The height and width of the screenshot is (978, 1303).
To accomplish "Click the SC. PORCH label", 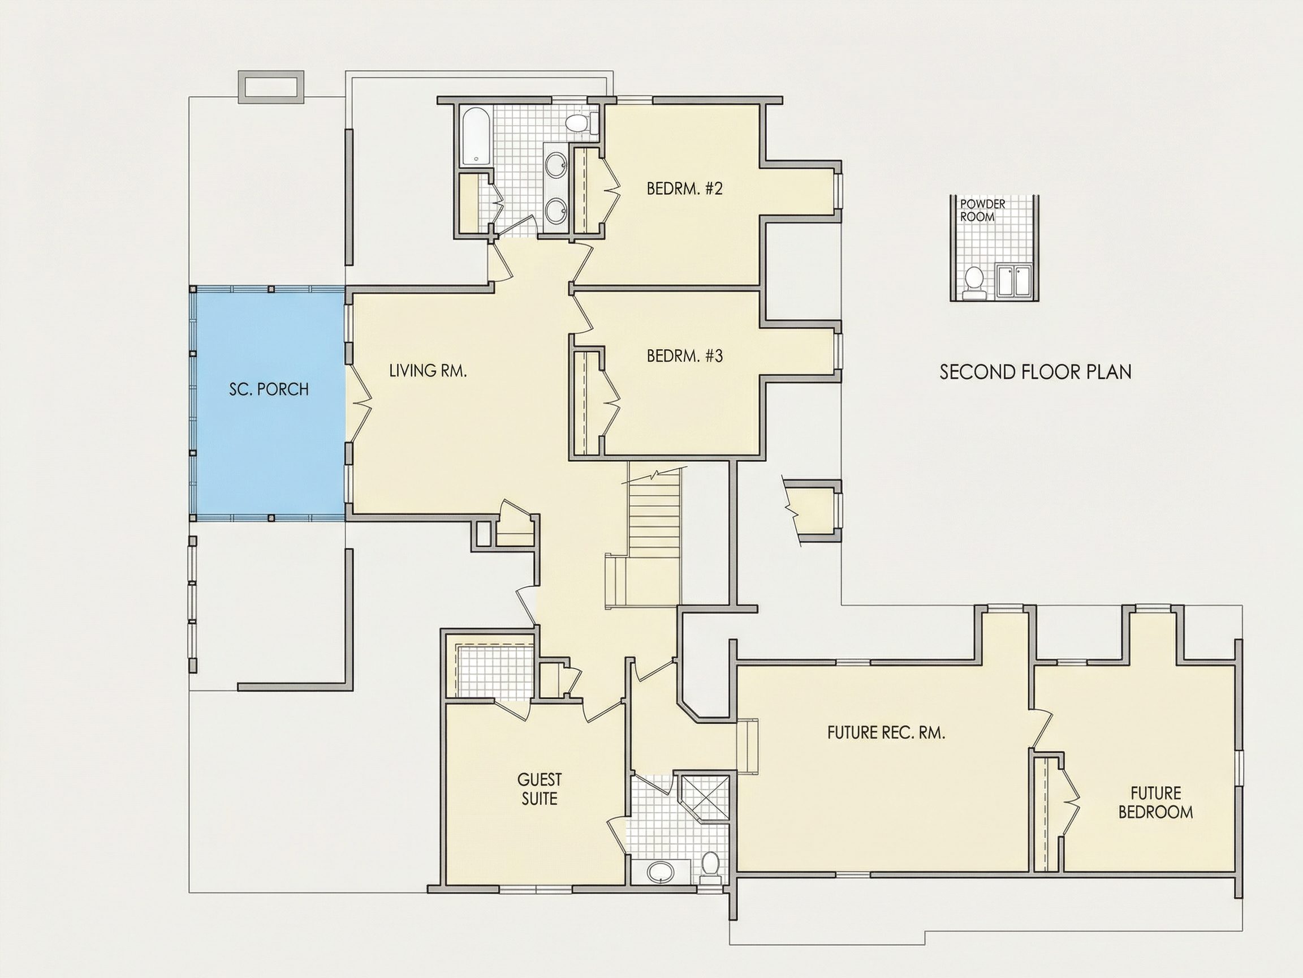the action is click(x=269, y=389).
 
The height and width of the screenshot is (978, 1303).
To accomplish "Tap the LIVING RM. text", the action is click(x=428, y=371).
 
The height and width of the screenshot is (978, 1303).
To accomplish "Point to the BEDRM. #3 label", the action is click(x=684, y=356).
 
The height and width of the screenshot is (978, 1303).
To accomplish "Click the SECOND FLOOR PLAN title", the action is click(x=1035, y=372).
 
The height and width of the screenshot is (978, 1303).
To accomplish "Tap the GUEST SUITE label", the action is click(x=539, y=789).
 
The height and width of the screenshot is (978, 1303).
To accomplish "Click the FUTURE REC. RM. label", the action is click(x=886, y=733).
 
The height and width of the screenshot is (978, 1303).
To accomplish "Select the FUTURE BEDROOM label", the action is click(x=1155, y=803).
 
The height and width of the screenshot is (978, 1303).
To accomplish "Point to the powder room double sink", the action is click(x=1014, y=282).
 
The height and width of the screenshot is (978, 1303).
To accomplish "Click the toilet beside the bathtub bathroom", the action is click(x=580, y=123).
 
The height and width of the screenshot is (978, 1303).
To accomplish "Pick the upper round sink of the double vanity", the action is click(x=555, y=165).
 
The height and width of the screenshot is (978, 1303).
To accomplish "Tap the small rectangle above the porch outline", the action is click(x=271, y=87).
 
